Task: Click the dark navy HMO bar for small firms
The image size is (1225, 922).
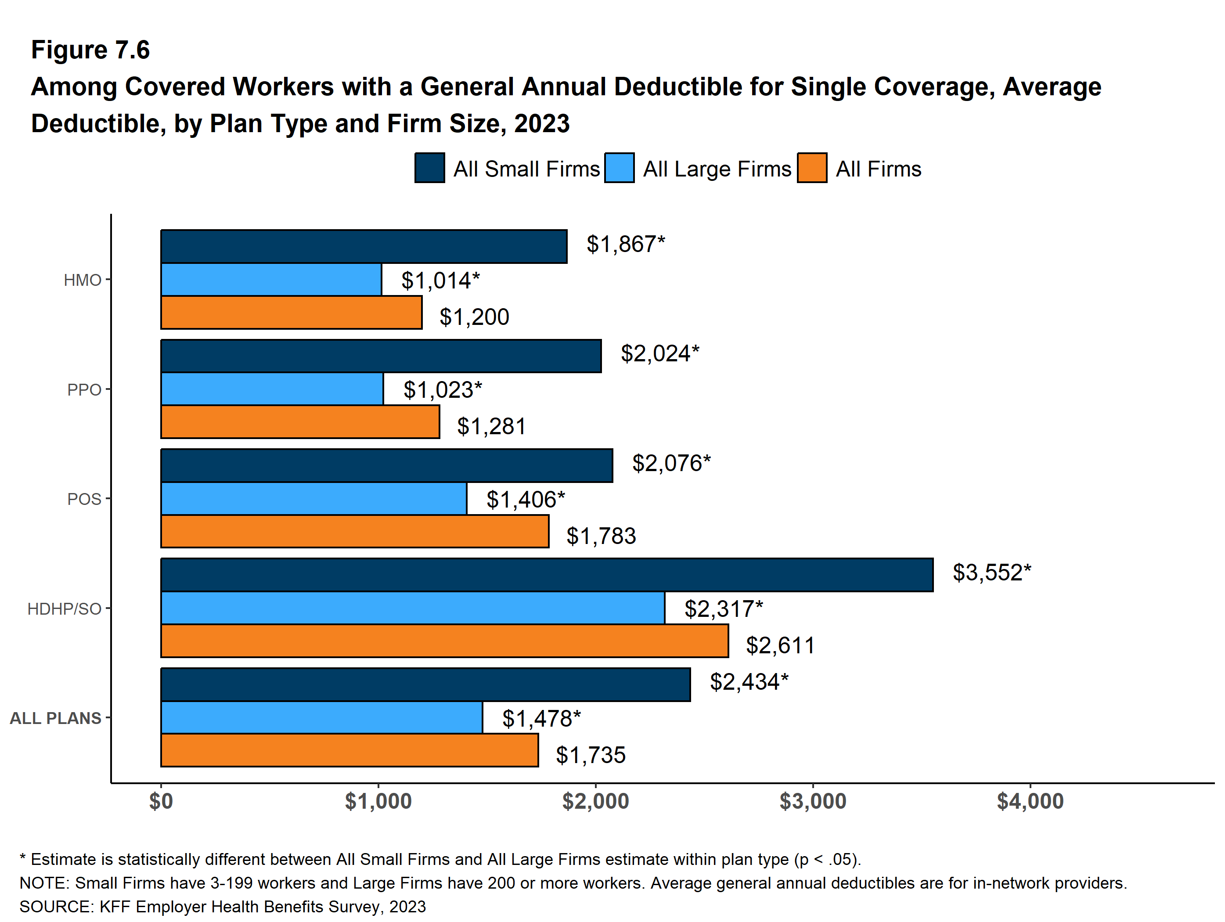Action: coord(364,246)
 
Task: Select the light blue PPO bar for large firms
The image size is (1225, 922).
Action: coord(272,389)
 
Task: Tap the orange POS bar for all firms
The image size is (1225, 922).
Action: coord(354,531)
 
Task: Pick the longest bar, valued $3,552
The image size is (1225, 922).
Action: coord(547,575)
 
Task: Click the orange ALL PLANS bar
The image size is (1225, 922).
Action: coord(349,750)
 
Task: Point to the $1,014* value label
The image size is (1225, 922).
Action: coord(440,281)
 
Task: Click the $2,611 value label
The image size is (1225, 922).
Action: coord(780,645)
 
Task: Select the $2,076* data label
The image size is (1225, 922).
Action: coord(671,463)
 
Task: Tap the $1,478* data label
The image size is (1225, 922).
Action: coord(541,718)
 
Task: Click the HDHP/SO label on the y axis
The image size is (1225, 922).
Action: coord(64,609)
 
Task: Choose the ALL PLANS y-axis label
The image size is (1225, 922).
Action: coord(55,718)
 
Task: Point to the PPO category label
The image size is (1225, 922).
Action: coord(84,390)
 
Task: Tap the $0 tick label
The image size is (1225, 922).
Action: coord(161,801)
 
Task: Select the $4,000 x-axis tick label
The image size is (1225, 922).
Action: coord(1030,801)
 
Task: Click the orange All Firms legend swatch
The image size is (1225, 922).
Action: coord(812,168)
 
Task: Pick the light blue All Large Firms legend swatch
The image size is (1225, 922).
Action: coord(619,168)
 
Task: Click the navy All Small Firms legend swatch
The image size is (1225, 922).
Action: coord(430,168)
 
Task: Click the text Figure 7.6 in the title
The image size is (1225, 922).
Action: coord(90,50)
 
